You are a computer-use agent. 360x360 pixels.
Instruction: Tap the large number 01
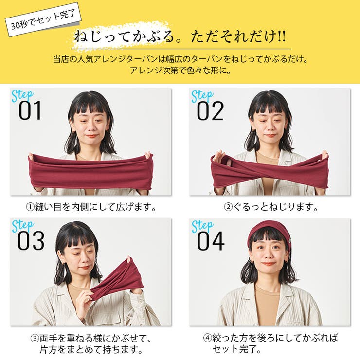(x=30, y=111)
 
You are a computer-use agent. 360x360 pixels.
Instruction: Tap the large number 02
(x=210, y=111)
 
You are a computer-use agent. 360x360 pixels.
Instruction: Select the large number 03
(x=31, y=241)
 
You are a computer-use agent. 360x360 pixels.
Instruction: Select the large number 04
(x=210, y=241)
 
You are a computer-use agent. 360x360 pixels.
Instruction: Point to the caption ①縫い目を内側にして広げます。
(x=91, y=207)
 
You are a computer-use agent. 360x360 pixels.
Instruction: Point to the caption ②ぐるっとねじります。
(x=270, y=207)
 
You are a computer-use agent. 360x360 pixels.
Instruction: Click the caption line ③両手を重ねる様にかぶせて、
(x=91, y=338)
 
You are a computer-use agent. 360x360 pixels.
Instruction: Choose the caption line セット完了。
(x=231, y=349)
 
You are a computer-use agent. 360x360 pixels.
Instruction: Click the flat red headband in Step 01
(x=91, y=172)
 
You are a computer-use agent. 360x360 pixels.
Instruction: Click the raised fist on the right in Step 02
(x=324, y=156)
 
